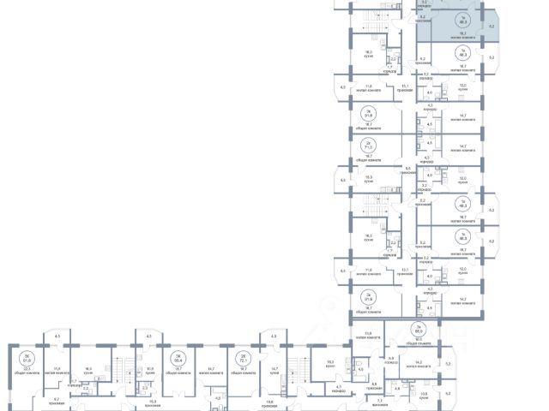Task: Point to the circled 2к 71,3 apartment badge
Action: tap(370, 146)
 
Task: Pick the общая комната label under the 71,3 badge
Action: tap(370, 158)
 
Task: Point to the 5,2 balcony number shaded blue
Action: tap(492, 27)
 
